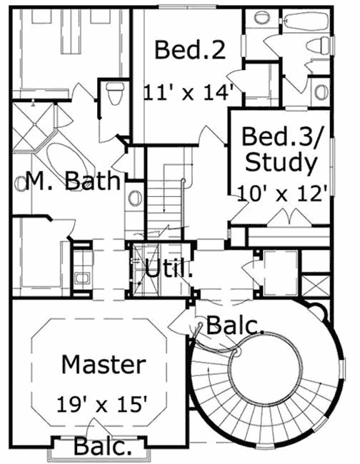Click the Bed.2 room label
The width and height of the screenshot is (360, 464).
[189, 51]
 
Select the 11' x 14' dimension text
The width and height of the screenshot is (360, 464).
[189, 92]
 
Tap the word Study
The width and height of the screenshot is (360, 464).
[280, 163]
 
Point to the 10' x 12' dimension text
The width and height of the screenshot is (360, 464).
[283, 192]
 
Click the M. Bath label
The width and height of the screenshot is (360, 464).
[67, 181]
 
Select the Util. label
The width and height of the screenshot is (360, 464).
[169, 269]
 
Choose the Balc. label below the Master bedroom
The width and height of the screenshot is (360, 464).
[103, 448]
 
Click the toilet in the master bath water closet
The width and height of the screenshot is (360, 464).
[111, 92]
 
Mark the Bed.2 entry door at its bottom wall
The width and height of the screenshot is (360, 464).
[209, 136]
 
